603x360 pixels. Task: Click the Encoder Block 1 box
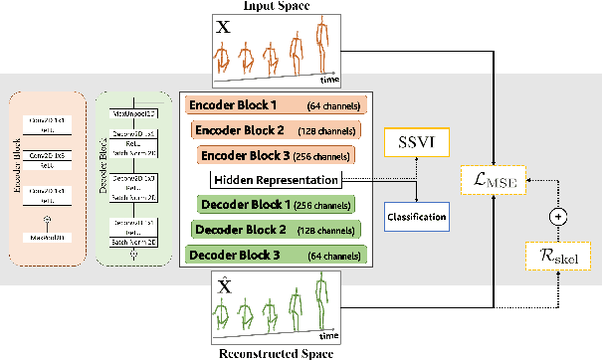pyautogui.click(x=275, y=105)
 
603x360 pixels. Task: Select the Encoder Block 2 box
pyautogui.click(x=276, y=130)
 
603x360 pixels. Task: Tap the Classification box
pyautogui.click(x=415, y=213)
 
